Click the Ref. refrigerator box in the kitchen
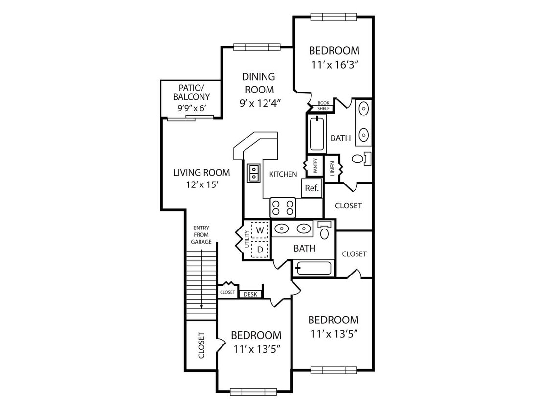(311, 188)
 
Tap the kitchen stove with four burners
(283, 207)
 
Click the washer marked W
(260, 230)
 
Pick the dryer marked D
(260, 250)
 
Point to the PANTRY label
(315, 165)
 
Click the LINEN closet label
(333, 168)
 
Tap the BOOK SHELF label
(323, 106)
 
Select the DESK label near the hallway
(250, 294)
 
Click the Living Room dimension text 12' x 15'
(202, 184)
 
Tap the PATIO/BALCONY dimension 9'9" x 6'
(192, 108)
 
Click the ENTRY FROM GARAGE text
(201, 235)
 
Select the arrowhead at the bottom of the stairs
(201, 307)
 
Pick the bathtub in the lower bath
(312, 268)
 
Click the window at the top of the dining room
(256, 47)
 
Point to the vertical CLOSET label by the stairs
(201, 345)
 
